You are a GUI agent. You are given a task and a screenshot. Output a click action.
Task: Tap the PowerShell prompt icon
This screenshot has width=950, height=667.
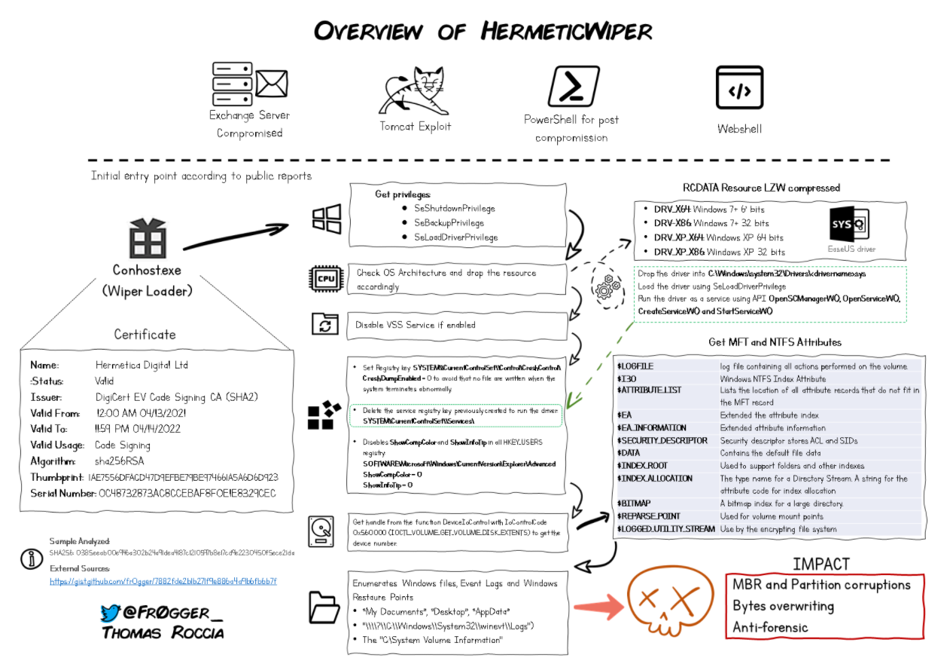tap(573, 86)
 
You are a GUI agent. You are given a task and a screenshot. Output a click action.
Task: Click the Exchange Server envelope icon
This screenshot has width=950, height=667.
tap(272, 82)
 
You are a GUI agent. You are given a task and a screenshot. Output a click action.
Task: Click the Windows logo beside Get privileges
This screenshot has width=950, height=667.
tap(327, 219)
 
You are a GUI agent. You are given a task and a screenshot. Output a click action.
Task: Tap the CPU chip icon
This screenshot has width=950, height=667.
tap(326, 279)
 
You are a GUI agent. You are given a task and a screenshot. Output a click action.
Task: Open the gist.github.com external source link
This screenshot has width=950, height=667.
tap(163, 581)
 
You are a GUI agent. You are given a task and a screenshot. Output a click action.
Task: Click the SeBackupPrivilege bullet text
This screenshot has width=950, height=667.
tap(449, 222)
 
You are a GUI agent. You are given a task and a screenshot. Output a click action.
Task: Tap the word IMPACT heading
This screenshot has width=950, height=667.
tap(821, 564)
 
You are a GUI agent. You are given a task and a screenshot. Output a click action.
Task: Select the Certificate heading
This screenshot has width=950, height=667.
tap(145, 334)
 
